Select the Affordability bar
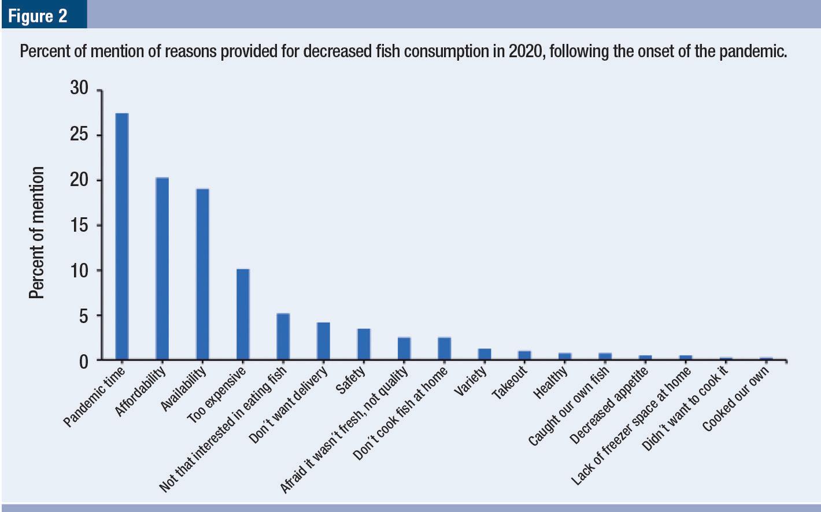point(162,268)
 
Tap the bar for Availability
point(202,274)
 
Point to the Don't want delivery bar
point(323,341)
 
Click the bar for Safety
point(364,344)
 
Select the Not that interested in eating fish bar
point(283,336)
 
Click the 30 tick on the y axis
point(79,88)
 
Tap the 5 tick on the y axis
point(83,316)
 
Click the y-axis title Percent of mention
point(36,232)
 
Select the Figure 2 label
point(38,16)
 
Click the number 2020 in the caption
point(524,52)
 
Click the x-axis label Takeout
point(510,383)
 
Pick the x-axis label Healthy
point(550,383)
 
